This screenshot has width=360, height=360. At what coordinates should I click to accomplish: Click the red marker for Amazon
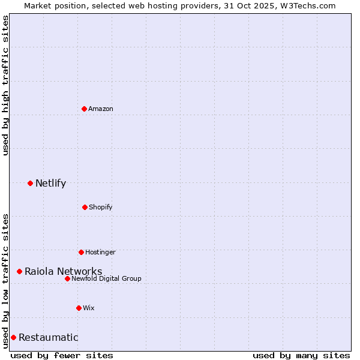[85, 109]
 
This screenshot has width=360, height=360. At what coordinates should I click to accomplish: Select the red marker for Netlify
[30, 183]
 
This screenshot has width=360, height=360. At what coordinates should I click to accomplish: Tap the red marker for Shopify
[85, 207]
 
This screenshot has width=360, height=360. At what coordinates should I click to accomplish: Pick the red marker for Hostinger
[81, 252]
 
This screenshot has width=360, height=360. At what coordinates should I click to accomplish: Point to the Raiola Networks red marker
[19, 272]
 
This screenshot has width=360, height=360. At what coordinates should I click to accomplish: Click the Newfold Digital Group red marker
[67, 278]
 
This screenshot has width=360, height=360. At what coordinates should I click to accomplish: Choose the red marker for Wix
[79, 308]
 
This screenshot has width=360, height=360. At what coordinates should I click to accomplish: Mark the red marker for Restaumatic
[13, 337]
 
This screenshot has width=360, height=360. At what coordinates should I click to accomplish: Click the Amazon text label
[101, 109]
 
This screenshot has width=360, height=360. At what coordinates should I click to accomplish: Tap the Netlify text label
[50, 183]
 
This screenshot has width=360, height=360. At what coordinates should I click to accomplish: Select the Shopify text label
[101, 207]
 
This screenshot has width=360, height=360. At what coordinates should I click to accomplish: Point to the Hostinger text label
[100, 252]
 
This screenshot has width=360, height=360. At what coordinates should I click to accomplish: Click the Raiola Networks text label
[63, 272]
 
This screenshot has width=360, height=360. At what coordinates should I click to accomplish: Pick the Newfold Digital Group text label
[106, 278]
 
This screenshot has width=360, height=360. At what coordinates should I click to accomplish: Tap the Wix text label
[89, 308]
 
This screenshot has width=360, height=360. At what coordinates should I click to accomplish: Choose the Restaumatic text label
[48, 337]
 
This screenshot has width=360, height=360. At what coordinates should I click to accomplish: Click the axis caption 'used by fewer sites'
[62, 355]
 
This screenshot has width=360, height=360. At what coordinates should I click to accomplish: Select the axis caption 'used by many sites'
[301, 355]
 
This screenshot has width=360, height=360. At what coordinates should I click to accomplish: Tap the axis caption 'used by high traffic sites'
[5, 85]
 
